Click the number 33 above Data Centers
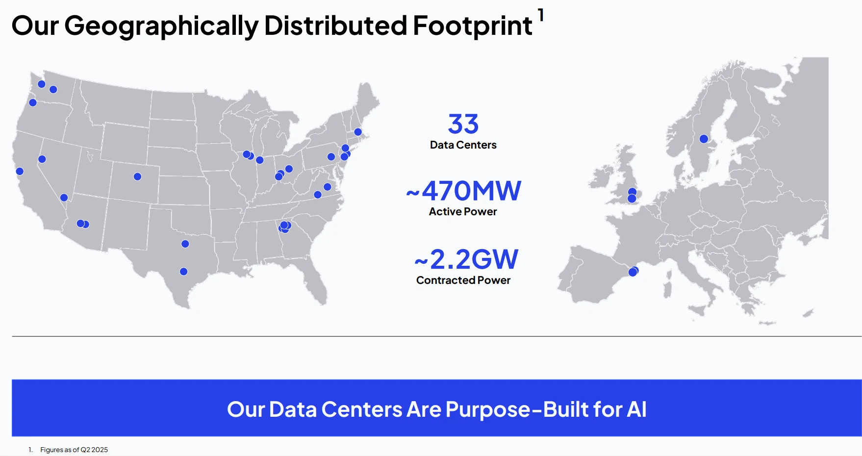(x=463, y=124)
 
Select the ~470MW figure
(x=464, y=191)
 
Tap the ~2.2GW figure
(x=466, y=259)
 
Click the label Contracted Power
(x=463, y=280)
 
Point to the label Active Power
(x=463, y=211)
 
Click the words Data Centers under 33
(x=463, y=145)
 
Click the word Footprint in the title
(x=473, y=25)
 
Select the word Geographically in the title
(x=161, y=26)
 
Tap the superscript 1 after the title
(x=541, y=15)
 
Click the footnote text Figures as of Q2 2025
(x=74, y=450)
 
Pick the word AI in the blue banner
(x=636, y=409)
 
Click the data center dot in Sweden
(x=704, y=139)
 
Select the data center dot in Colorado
(x=137, y=177)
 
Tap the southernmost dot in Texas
(x=183, y=272)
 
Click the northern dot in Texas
(x=185, y=244)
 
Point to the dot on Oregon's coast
(x=33, y=102)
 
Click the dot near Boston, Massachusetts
(x=358, y=132)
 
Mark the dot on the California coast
(x=20, y=171)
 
